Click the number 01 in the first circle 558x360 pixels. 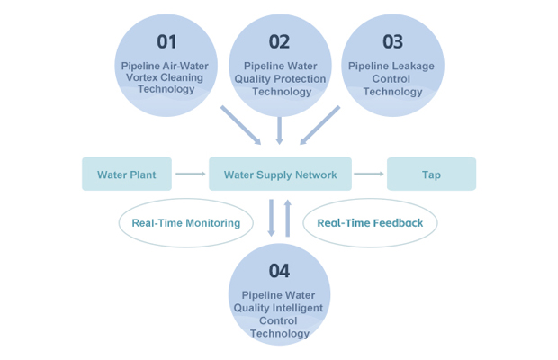coord(166,41)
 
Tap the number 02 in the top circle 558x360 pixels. coord(279,41)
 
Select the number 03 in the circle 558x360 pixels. coord(392,41)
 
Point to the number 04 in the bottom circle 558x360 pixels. coord(279,270)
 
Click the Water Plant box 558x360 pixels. coord(126,175)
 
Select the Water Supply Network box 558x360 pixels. coord(280,175)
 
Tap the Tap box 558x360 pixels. coord(431,175)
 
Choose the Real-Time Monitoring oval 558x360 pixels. coord(186,222)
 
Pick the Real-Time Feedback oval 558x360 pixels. coord(370,222)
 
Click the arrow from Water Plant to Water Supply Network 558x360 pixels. coord(190,175)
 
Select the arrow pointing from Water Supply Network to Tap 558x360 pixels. coord(368,175)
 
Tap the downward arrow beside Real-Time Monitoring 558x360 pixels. coord(271,219)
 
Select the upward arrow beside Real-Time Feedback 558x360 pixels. coord(288,219)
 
